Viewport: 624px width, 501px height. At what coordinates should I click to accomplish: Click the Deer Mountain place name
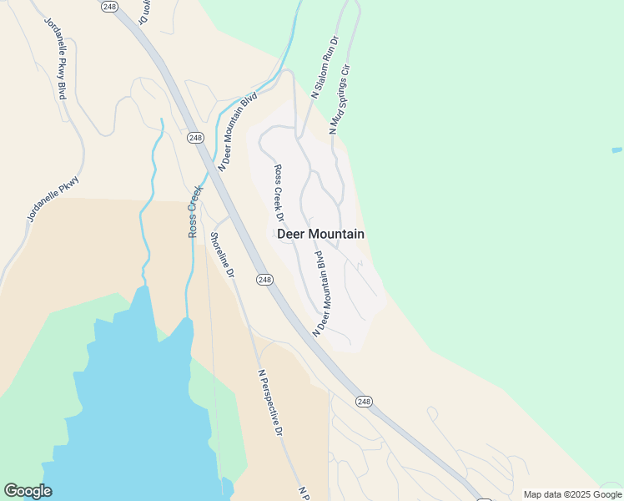(x=320, y=234)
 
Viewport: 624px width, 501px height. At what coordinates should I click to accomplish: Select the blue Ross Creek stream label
(x=194, y=210)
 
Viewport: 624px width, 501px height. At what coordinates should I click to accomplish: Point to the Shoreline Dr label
(x=222, y=255)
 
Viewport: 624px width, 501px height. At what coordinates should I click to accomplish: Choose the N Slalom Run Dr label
(x=325, y=68)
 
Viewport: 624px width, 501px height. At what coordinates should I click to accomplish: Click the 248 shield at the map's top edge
(x=109, y=6)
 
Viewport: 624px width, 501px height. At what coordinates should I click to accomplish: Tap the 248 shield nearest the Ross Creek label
(x=195, y=138)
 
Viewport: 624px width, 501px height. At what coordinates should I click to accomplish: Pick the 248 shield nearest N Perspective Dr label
(x=364, y=402)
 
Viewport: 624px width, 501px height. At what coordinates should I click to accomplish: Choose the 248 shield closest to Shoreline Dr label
(x=264, y=279)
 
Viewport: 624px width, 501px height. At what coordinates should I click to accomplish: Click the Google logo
(x=28, y=491)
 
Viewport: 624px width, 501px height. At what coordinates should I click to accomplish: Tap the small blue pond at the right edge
(x=617, y=150)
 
